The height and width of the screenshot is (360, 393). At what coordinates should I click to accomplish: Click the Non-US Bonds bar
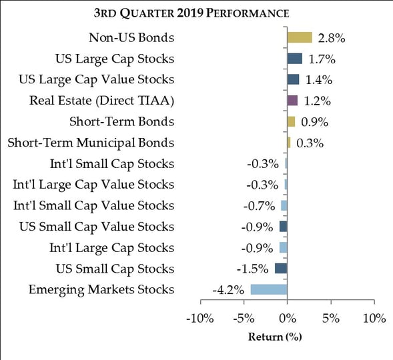(300, 37)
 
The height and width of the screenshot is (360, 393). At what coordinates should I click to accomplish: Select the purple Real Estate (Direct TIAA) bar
(292, 101)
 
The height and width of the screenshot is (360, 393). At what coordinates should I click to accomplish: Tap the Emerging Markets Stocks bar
(269, 289)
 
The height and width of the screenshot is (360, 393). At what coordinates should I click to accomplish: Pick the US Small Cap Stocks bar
(281, 269)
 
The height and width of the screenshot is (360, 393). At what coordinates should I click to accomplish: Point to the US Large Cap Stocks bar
(295, 59)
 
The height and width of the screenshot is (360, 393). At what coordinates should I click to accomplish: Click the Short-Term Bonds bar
(291, 122)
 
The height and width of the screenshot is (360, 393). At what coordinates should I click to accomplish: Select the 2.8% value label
(332, 38)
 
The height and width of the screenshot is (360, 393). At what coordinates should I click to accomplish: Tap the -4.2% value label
(228, 290)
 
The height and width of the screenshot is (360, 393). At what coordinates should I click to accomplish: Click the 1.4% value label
(319, 80)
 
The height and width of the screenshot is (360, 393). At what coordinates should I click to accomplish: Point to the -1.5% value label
(252, 269)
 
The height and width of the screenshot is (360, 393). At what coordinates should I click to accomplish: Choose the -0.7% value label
(259, 206)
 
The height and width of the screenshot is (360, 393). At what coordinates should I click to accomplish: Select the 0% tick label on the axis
(288, 319)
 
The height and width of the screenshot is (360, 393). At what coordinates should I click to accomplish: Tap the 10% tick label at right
(374, 319)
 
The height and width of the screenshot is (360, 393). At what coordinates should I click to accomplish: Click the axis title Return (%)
(275, 337)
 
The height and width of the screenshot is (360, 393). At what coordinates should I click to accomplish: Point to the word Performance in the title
(248, 13)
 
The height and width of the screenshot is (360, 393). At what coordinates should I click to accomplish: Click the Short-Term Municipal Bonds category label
(91, 143)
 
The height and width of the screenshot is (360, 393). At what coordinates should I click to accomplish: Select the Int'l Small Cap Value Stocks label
(93, 206)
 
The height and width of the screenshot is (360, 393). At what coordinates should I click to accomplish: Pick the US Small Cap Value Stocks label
(97, 227)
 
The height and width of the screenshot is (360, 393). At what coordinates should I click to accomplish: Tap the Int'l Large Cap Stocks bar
(283, 247)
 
